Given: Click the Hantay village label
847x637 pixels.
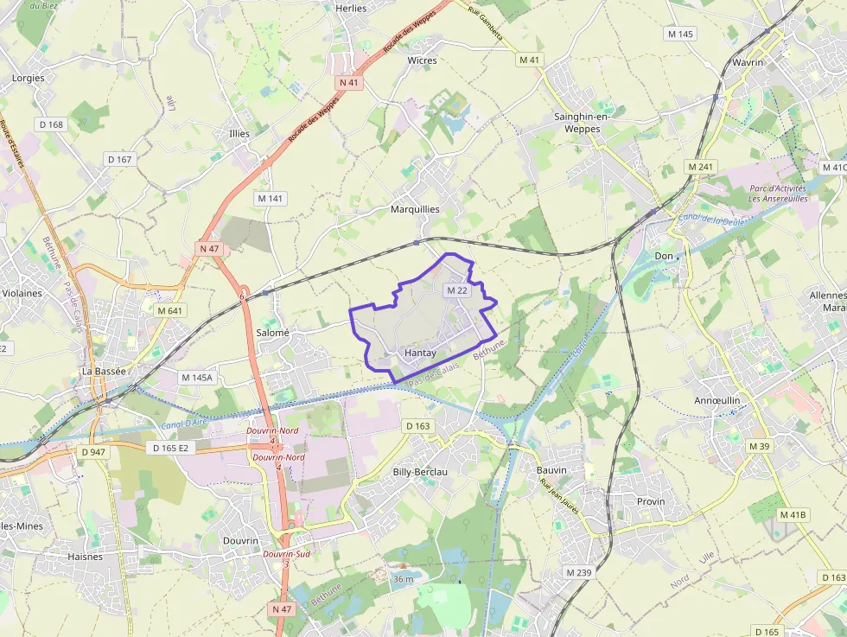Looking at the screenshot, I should tap(420, 354).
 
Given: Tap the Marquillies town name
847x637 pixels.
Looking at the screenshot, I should tap(415, 209).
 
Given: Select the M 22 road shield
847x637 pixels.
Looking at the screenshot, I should tap(456, 290).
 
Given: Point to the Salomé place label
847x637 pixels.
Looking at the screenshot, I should tap(272, 333).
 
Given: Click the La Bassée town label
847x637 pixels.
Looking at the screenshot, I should tap(104, 371).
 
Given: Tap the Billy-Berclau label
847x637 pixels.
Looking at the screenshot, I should tap(420, 472).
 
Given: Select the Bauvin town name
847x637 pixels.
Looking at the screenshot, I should tap(551, 470).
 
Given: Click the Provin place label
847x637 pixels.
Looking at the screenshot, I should tap(651, 501).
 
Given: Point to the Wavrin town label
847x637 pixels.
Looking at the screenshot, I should tap(748, 63).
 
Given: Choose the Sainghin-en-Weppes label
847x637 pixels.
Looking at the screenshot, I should tap(582, 123).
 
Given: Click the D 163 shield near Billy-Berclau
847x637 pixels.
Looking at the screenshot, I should tap(417, 426).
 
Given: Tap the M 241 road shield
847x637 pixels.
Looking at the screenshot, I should tap(702, 166).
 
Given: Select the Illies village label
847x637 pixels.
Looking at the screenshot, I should tap(239, 134).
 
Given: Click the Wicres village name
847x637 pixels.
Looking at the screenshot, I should tap(423, 61).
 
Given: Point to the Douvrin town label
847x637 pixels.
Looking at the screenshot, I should tap(241, 540).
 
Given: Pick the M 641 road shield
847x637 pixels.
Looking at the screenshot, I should tap(170, 310).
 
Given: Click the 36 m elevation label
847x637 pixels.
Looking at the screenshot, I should tap(404, 578).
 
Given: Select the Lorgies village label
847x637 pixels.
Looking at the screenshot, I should tap(29, 78).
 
